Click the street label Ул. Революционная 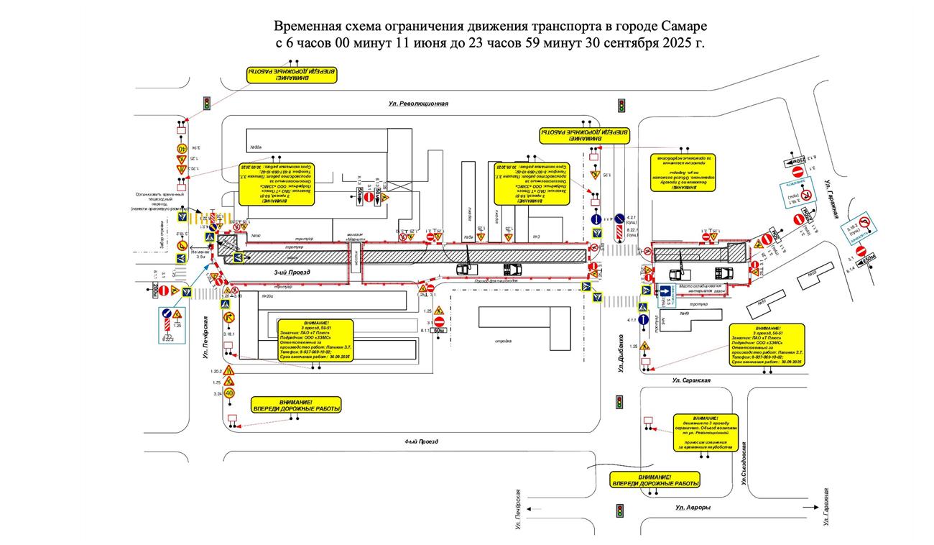click(418, 104)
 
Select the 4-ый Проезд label click(422, 441)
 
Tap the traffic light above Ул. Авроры click(619, 510)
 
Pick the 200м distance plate click(155, 290)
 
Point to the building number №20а click(269, 296)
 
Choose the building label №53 click(811, 273)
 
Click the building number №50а click(255, 147)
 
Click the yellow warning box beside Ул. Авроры click(654, 480)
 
